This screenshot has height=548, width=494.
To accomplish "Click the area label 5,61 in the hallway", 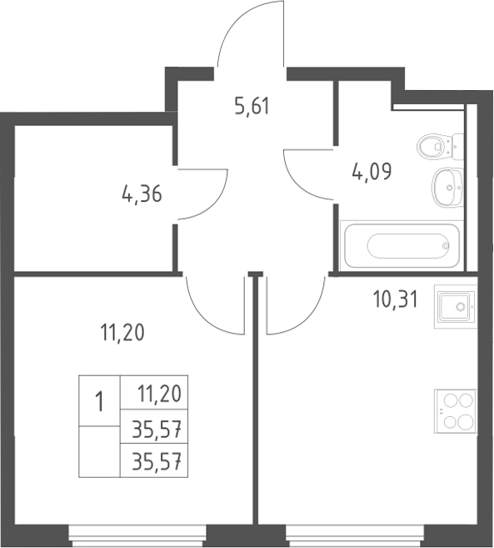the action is click(x=252, y=106).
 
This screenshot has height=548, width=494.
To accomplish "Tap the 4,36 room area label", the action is click(x=142, y=194).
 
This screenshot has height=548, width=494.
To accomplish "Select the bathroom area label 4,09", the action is click(x=372, y=171).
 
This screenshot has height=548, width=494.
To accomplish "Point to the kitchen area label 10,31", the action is click(x=395, y=299).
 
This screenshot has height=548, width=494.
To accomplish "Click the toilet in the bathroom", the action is click(x=440, y=147).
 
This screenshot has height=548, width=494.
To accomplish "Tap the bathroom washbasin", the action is click(x=448, y=188).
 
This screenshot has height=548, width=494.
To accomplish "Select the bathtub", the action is click(x=402, y=246).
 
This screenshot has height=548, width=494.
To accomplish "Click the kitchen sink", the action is click(x=455, y=306).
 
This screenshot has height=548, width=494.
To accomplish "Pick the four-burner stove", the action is click(x=455, y=411).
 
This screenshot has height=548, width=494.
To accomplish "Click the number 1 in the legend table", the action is click(x=99, y=401).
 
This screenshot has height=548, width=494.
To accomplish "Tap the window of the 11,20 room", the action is click(x=137, y=536).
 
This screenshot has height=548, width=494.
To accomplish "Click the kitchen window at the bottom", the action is click(x=355, y=536).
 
